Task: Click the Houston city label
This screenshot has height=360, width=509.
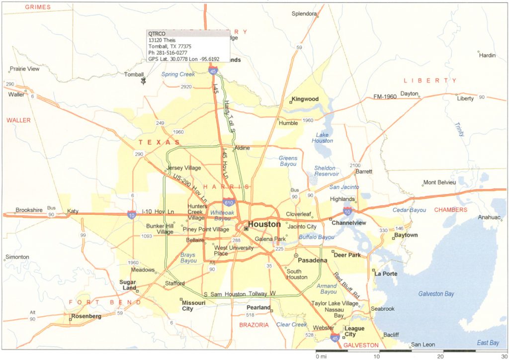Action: (x=264, y=224)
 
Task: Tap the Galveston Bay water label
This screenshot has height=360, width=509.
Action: (x=436, y=294)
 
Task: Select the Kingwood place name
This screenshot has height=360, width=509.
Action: (x=305, y=99)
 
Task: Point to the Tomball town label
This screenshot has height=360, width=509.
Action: (x=134, y=75)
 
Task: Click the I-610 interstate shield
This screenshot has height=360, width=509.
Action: (x=229, y=202)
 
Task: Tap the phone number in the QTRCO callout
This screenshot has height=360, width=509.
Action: (x=167, y=52)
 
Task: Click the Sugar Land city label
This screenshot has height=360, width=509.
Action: (x=128, y=285)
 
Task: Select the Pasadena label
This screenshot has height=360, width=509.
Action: (x=313, y=260)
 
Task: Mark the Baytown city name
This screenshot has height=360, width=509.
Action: (x=406, y=235)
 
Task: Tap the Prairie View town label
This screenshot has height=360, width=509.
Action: (x=25, y=69)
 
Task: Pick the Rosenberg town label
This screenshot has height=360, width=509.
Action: (x=86, y=316)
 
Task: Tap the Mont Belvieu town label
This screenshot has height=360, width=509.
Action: (x=439, y=182)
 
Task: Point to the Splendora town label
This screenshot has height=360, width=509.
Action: (x=304, y=14)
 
